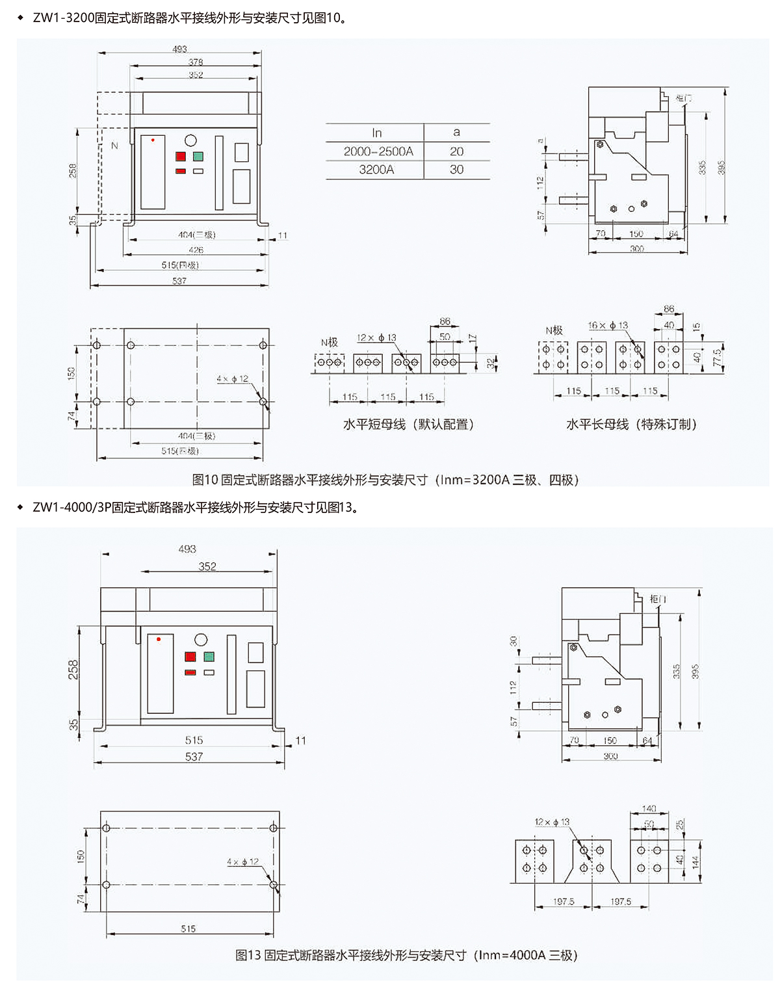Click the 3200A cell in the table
point(376,170)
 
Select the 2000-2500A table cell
point(378,151)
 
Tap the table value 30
point(456,170)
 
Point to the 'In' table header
point(376,133)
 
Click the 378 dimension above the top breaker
point(196,62)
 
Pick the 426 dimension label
point(196,250)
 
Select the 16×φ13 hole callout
point(608,325)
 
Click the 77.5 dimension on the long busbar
point(718,357)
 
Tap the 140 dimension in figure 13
point(649,808)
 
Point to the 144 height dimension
point(695,862)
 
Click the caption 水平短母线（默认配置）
point(409,425)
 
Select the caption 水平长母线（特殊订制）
point(631,425)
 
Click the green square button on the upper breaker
point(198,156)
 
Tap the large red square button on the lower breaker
point(190,657)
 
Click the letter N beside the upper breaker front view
point(114,146)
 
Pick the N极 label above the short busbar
point(329,342)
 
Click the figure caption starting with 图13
point(406,955)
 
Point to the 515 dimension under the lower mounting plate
point(188,928)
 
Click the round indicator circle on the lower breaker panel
point(201,640)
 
